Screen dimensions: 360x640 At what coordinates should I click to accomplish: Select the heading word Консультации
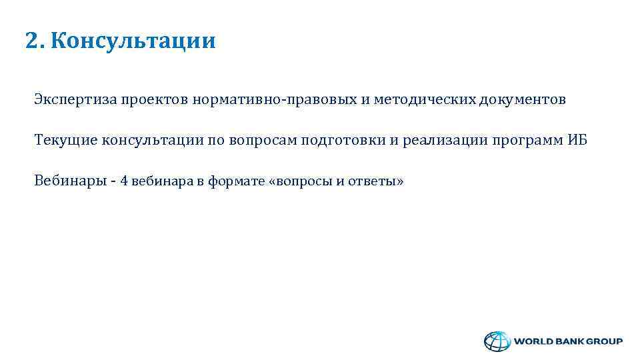tap(133, 41)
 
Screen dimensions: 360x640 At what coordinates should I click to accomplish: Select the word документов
tap(522, 100)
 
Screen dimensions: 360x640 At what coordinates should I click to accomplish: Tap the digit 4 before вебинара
tap(124, 181)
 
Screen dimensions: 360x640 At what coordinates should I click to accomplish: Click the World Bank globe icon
tap(495, 341)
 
